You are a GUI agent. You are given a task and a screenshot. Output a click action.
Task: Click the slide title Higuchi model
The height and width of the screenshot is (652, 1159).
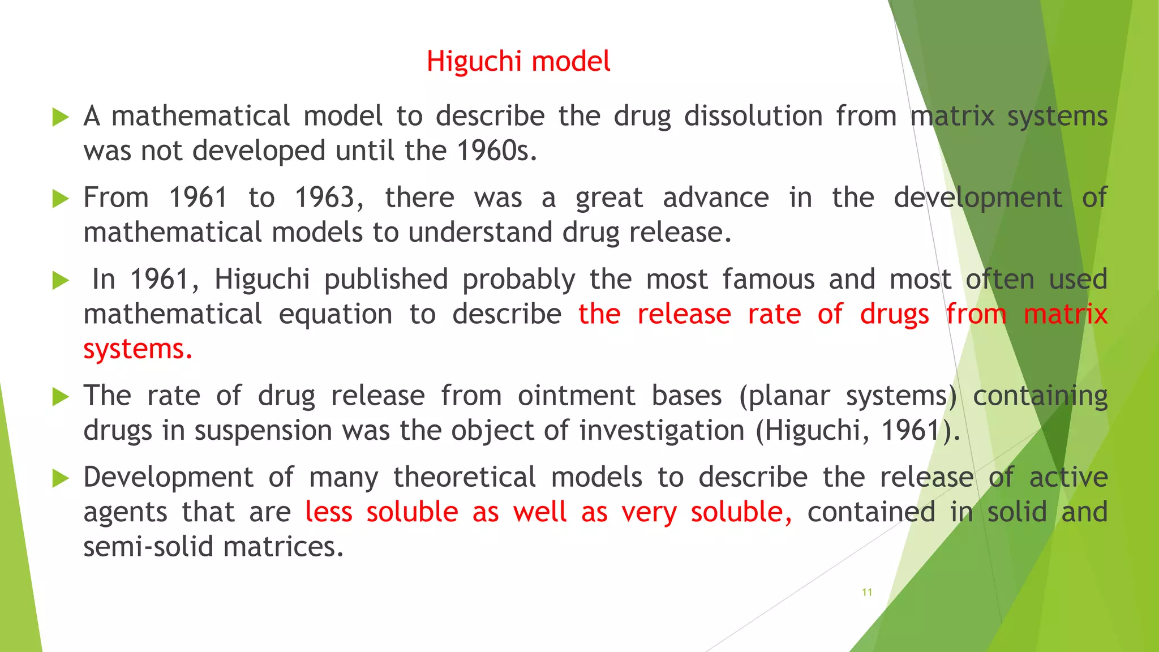pyautogui.click(x=518, y=61)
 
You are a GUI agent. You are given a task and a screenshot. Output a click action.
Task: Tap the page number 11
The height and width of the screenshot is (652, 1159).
pyautogui.click(x=866, y=593)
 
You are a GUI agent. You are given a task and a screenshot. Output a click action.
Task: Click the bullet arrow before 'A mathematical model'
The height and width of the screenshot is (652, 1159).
pyautogui.click(x=60, y=118)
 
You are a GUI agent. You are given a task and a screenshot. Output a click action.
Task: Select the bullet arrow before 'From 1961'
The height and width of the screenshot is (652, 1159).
pyautogui.click(x=60, y=199)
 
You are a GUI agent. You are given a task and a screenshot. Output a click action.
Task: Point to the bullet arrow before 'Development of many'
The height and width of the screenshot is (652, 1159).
pyautogui.click(x=60, y=479)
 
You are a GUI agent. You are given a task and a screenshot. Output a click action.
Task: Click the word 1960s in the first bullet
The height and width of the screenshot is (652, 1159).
pyautogui.click(x=496, y=151)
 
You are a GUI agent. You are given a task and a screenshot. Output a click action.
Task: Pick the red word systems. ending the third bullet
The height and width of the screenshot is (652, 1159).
pyautogui.click(x=138, y=349)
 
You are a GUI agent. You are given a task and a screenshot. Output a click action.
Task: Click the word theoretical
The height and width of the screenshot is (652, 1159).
pyautogui.click(x=464, y=478)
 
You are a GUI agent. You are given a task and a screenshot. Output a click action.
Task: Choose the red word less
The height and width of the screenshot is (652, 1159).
pyautogui.click(x=328, y=512)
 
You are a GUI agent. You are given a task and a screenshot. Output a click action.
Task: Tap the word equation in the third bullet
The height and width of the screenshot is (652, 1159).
pyautogui.click(x=335, y=315)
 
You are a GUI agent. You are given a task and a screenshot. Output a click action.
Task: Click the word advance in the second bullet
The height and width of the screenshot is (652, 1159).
pyautogui.click(x=715, y=198)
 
